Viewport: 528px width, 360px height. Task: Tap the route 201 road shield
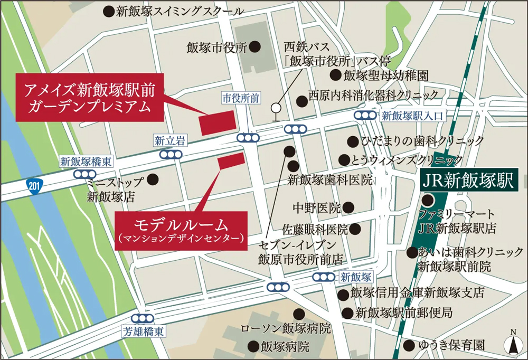34,186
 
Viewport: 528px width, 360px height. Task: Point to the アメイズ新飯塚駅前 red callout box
90,98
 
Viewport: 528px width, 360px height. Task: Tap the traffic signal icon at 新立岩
171,155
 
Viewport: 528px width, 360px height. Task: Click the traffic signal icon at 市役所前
248,138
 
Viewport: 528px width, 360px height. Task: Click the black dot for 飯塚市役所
254,47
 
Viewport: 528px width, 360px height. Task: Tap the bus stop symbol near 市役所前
275,110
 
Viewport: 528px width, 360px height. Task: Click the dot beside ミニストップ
153,179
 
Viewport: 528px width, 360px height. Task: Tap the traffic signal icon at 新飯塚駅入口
365,115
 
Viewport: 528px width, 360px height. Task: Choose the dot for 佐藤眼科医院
355,229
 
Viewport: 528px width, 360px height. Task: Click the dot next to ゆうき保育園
408,345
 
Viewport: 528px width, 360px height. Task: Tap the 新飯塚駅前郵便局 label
404,312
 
